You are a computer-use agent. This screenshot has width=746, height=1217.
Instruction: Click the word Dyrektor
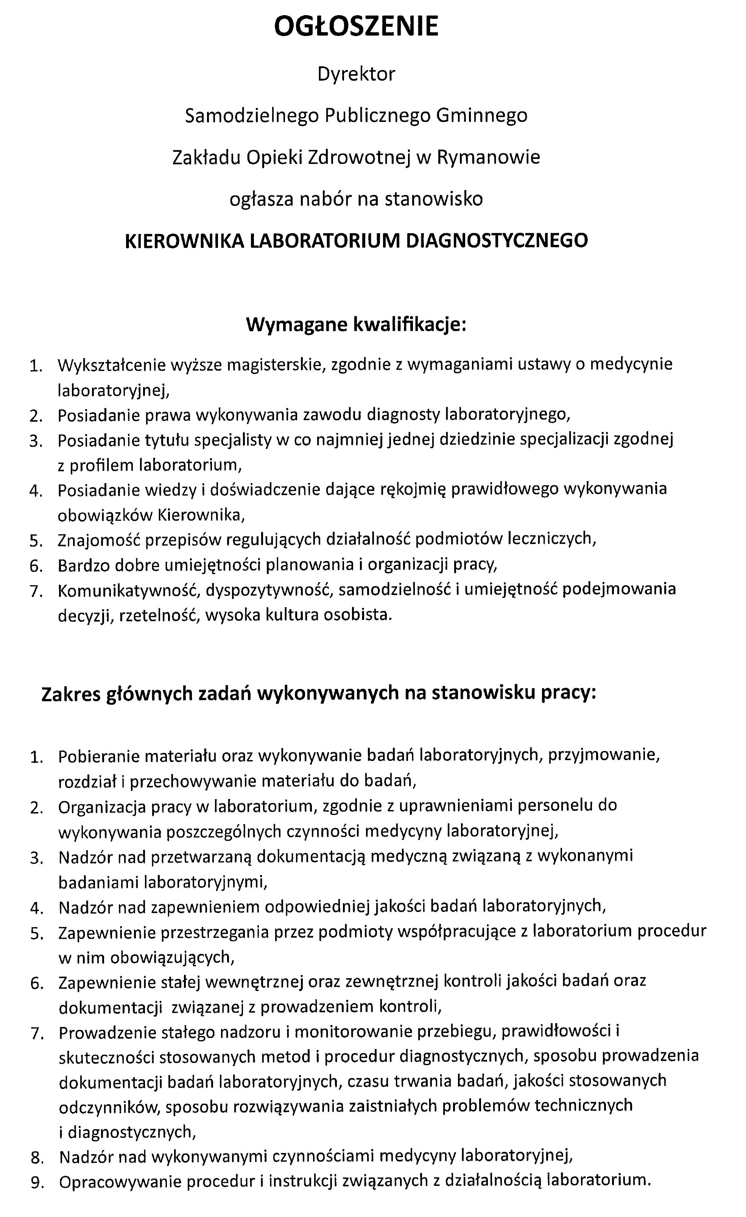pyautogui.click(x=356, y=74)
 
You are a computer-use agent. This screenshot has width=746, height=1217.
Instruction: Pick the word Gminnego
pyautogui.click(x=481, y=115)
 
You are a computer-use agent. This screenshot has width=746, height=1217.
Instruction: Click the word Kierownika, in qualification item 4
pyautogui.click(x=201, y=515)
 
